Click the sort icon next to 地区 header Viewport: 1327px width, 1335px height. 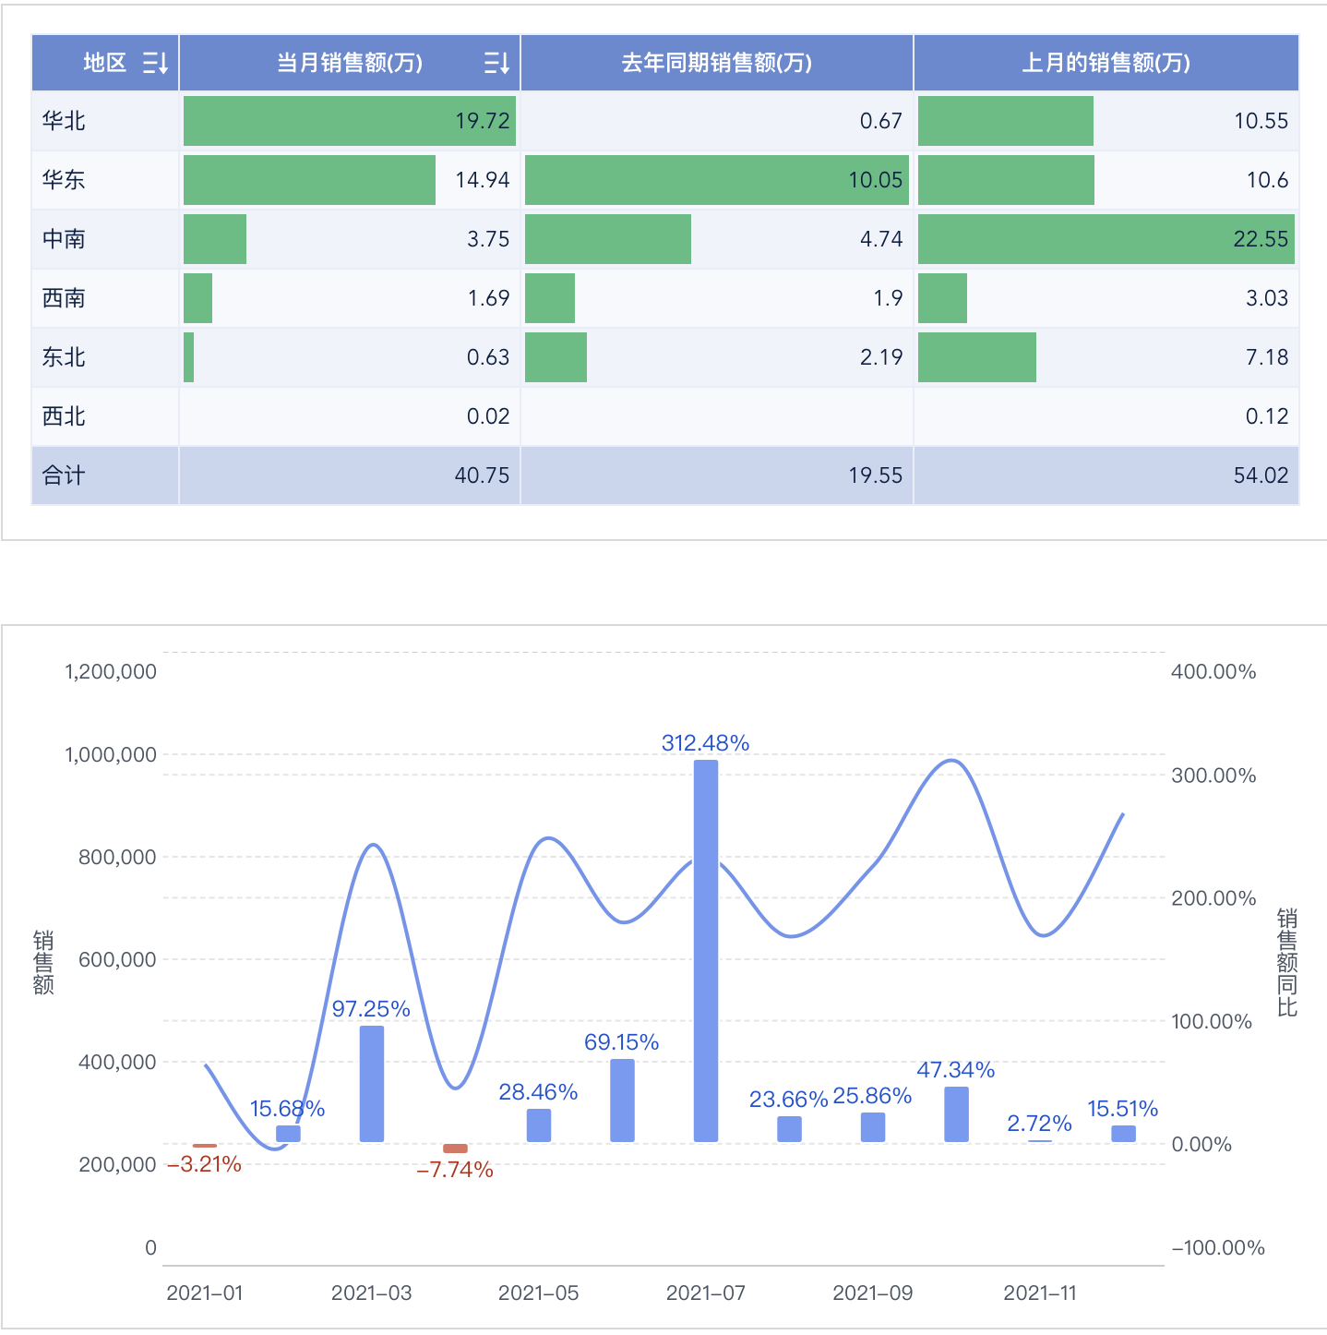155,63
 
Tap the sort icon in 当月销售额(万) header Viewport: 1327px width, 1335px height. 496,63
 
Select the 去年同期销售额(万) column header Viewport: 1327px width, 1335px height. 716,63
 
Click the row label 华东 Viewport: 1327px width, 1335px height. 64,180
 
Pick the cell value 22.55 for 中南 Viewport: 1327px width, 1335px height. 1261,239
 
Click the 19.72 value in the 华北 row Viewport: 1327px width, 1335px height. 482,121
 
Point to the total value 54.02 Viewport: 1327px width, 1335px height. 1261,475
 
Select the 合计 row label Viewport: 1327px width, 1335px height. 64,475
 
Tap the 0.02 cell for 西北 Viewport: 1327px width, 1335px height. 487,416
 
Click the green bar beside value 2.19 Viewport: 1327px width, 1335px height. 556,357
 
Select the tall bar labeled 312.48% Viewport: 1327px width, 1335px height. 706,951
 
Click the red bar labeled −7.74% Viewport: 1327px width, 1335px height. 455,1149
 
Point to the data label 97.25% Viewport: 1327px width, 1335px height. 371,1009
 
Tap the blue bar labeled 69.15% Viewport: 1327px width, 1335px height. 623,1100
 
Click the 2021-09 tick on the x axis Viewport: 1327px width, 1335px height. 872,1293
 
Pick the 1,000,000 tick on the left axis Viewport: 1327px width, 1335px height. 111,755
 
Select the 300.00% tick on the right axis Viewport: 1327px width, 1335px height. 1213,776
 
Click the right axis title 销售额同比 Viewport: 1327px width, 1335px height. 1286,962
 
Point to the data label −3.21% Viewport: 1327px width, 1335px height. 205,1164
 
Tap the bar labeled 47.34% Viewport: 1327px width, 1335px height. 957,1114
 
